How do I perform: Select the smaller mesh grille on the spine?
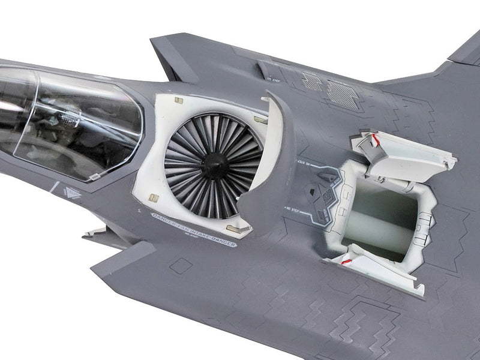[311, 81]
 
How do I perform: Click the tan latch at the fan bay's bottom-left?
[153, 197]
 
